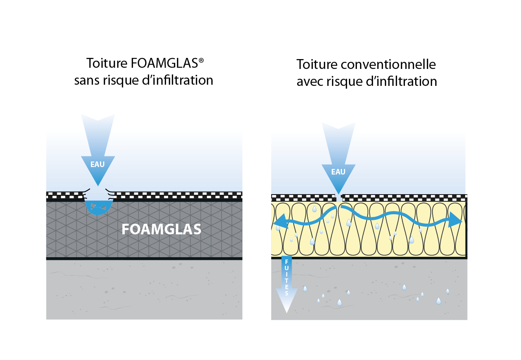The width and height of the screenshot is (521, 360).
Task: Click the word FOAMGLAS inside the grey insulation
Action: coord(161,229)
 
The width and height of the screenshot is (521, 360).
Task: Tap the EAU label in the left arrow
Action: coord(98,164)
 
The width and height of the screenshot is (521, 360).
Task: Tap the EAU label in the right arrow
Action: coord(338,172)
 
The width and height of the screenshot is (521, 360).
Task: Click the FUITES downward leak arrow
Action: coord(286,284)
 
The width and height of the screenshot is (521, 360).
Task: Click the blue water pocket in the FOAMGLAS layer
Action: coord(99,207)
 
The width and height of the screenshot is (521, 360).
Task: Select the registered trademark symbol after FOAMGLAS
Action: coord(201,61)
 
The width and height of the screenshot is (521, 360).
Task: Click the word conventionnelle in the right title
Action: coord(388,64)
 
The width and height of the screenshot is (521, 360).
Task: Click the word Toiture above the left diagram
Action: coord(107,63)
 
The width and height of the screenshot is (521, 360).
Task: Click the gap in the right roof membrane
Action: coord(339,198)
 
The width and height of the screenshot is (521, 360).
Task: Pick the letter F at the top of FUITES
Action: coord(286,262)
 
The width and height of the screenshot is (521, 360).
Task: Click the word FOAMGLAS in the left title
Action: coord(164,63)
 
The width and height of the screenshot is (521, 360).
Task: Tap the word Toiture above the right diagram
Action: coord(317,64)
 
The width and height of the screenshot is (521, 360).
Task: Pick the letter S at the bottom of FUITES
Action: coord(286,293)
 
